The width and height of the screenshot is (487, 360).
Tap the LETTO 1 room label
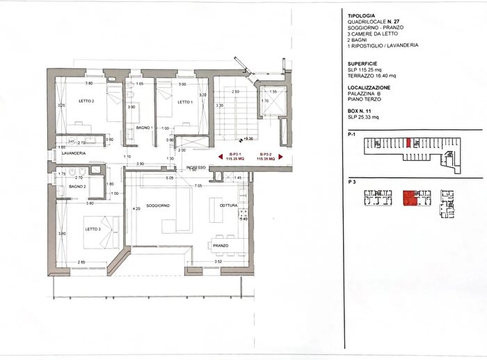click(x=184, y=102)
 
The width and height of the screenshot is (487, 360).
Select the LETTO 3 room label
click(x=93, y=229)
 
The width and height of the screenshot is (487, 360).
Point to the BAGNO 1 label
click(x=144, y=128)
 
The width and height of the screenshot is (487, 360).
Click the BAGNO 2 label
click(x=77, y=187)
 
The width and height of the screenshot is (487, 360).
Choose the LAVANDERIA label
click(x=74, y=152)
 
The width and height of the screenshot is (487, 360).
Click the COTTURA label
click(x=229, y=205)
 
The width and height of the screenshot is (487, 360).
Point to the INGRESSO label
click(x=196, y=168)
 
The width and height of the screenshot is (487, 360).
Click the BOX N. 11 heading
click(x=361, y=111)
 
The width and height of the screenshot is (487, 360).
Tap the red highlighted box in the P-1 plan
click(x=408, y=143)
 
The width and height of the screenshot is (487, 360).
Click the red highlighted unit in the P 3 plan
click(x=411, y=198)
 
